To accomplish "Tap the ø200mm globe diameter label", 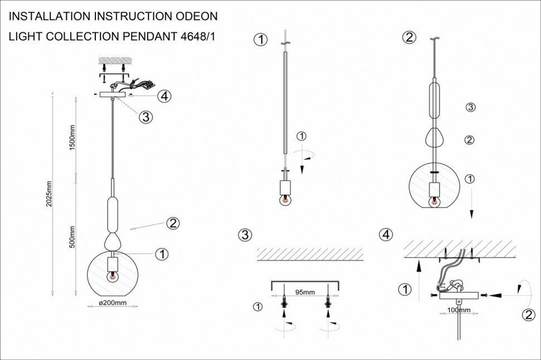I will click(113, 303).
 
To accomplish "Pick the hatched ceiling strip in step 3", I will click(310, 254).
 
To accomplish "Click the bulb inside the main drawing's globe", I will click(113, 275).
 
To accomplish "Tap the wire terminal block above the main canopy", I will click(146, 85).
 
